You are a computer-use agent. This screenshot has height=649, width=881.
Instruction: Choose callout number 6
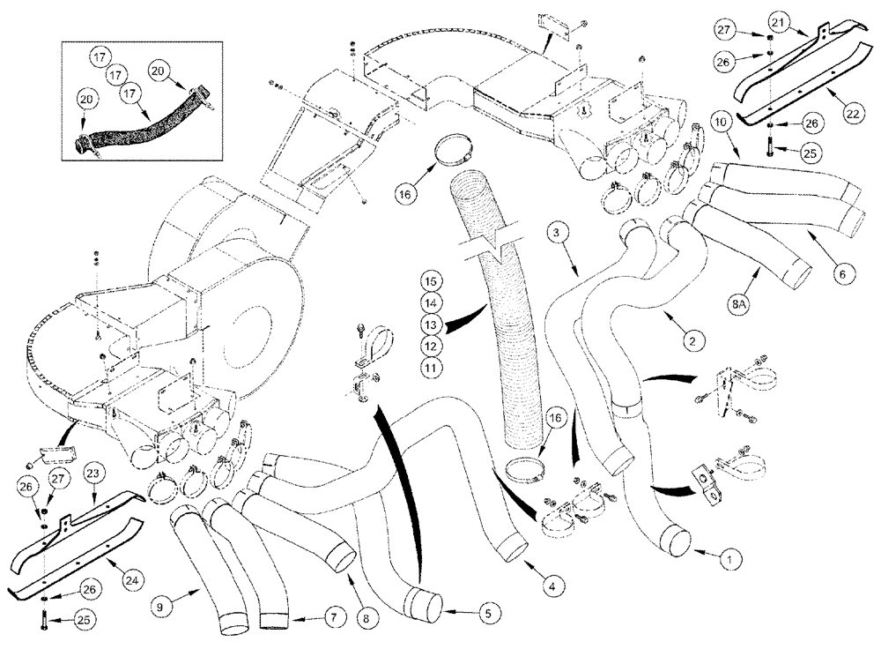pos(840,274)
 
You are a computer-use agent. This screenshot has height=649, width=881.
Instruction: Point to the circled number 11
pos(431,363)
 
